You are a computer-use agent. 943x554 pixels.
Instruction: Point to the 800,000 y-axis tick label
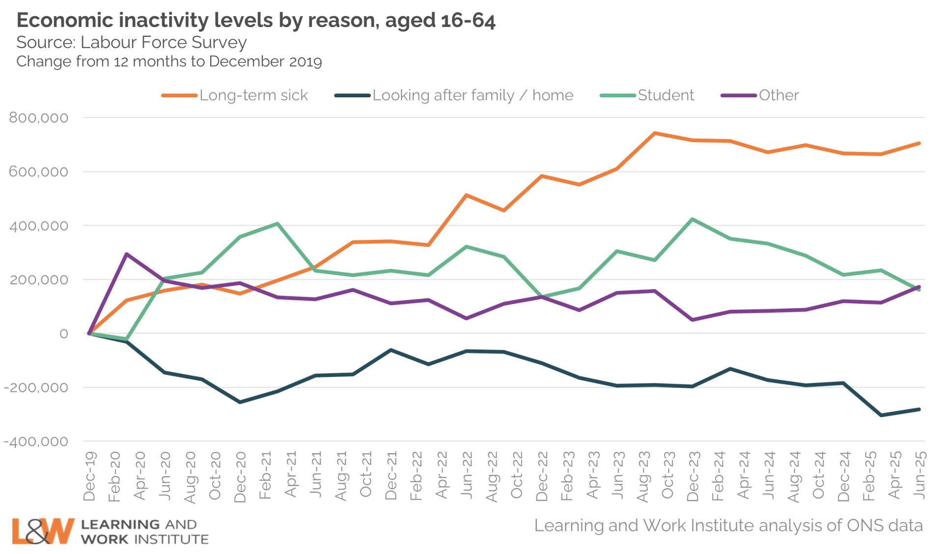pos(39,118)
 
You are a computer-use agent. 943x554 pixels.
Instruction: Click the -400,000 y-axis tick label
pos(36,441)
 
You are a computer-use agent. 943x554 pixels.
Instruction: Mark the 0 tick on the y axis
pos(64,334)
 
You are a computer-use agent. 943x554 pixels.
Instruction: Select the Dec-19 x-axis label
pos(90,476)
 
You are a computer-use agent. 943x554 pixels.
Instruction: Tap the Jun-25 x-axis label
pos(920,475)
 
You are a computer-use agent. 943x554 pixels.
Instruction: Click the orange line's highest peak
pos(655,133)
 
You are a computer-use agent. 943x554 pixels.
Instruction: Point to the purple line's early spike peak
pos(127,254)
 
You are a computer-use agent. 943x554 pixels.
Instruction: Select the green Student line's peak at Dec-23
pos(693,219)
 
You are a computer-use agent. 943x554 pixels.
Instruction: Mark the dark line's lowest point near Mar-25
pos(881,415)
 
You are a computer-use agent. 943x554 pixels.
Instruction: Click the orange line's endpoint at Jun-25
pos(919,144)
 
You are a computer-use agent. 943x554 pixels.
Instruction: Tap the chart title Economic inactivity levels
pos(256,21)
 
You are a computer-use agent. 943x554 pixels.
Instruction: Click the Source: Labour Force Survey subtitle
pos(132,43)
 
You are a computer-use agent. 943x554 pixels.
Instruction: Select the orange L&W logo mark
pos(43,531)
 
